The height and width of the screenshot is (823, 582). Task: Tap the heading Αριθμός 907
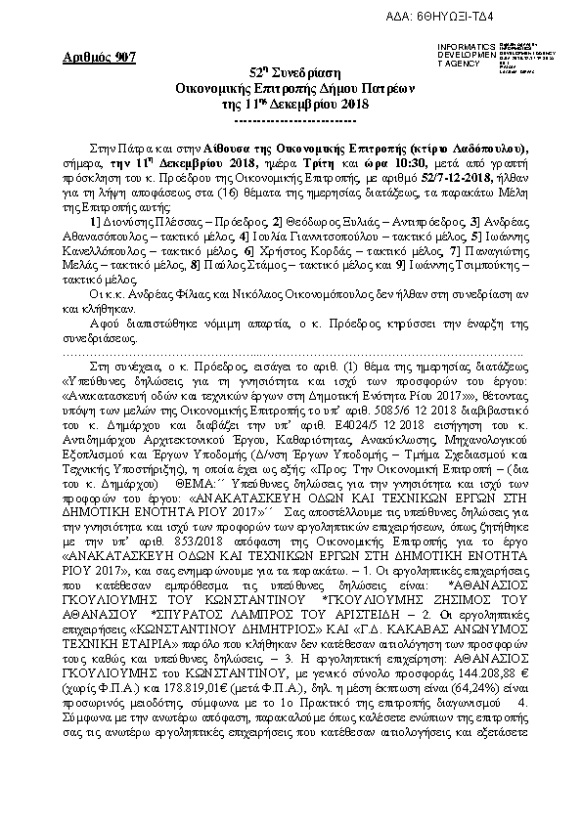tap(84, 58)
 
